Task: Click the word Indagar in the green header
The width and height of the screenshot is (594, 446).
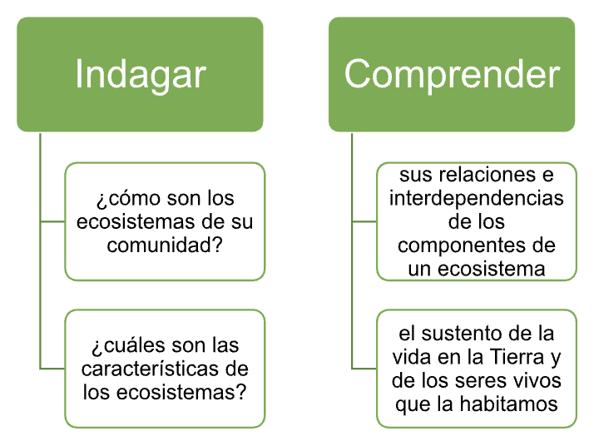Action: [141, 75]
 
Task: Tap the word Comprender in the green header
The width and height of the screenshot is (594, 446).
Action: [452, 75]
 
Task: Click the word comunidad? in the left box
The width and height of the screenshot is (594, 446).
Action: [165, 245]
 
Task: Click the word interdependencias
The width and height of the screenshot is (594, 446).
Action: [476, 198]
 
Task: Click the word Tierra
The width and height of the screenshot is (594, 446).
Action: [517, 357]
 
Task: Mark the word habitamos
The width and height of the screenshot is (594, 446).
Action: [508, 404]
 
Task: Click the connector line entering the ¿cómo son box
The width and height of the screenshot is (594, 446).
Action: [52, 221]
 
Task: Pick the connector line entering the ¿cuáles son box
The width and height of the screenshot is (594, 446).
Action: [52, 369]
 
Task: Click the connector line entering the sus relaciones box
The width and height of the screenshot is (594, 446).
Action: [364, 221]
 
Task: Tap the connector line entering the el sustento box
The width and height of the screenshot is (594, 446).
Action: [364, 369]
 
